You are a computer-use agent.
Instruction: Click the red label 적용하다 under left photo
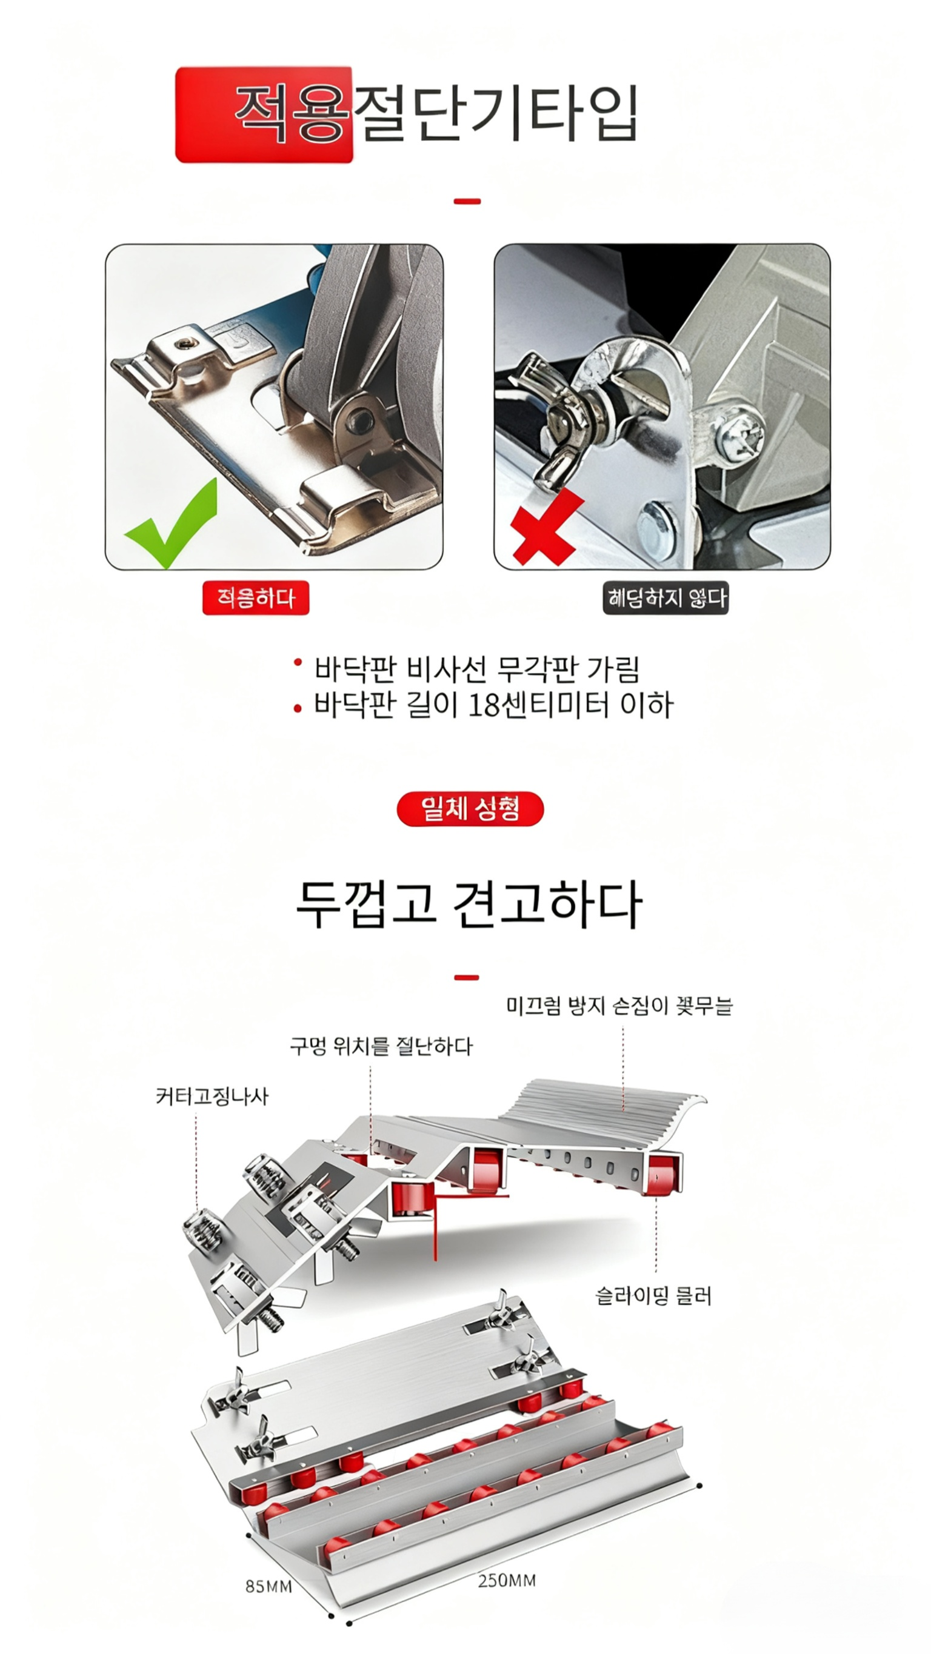click(255, 598)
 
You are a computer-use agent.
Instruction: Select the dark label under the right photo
click(665, 599)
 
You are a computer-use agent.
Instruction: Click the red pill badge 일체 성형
click(470, 808)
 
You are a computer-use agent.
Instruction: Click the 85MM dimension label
click(269, 1587)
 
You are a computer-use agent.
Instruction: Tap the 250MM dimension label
click(506, 1580)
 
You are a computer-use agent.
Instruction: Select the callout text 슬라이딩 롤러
click(653, 1297)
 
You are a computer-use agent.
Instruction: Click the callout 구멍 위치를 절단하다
click(381, 1046)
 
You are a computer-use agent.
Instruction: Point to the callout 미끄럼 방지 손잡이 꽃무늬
click(619, 1006)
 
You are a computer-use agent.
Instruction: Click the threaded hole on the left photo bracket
click(185, 343)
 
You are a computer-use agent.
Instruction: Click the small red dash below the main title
click(467, 202)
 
